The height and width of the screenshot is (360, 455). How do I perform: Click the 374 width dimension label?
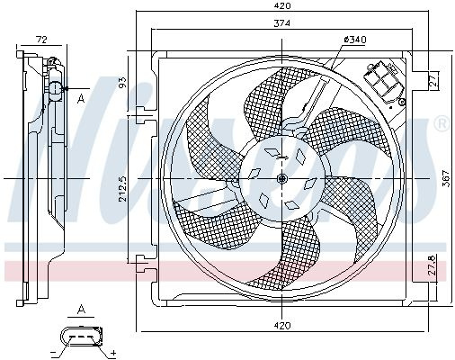[x=282, y=23]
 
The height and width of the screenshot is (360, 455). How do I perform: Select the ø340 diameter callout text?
[x=355, y=40]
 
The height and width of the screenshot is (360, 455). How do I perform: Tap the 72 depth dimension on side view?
[x=41, y=40]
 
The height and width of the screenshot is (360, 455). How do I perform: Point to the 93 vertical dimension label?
[x=123, y=81]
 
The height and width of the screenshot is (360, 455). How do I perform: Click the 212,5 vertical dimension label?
[x=123, y=188]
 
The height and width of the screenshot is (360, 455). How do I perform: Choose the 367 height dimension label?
[x=447, y=178]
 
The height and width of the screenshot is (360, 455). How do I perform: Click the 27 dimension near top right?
[x=433, y=80]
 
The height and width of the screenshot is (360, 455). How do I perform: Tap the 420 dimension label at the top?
[x=282, y=5]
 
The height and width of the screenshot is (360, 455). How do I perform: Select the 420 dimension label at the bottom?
[x=282, y=326]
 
